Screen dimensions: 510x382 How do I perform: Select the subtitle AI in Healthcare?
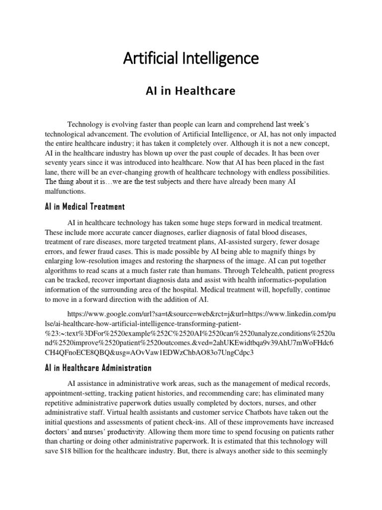(183, 91)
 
